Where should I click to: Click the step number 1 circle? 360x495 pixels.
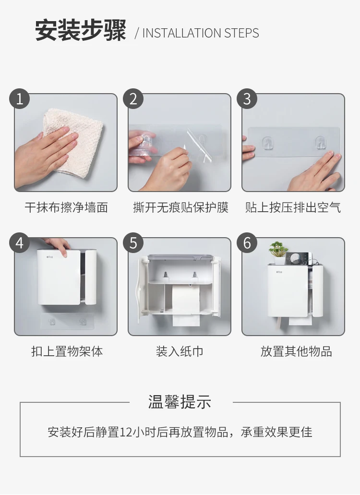20,99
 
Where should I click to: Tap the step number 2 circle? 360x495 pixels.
133,99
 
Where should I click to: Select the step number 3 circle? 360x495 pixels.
247,99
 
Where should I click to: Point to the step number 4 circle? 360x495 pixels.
20,243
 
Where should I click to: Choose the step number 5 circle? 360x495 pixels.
133,243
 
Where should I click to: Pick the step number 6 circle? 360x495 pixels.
247,243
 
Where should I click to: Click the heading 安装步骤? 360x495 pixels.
81,31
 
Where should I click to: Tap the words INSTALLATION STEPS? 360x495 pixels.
201,33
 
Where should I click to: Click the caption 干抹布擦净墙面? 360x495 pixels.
66,207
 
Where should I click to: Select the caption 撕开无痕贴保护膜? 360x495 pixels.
180,207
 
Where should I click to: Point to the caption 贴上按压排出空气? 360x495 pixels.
293,207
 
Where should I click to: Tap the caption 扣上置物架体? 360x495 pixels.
67,351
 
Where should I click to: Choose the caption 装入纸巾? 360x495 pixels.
180,351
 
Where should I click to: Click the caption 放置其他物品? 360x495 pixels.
296,351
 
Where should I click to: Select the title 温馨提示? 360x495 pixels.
180,402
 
